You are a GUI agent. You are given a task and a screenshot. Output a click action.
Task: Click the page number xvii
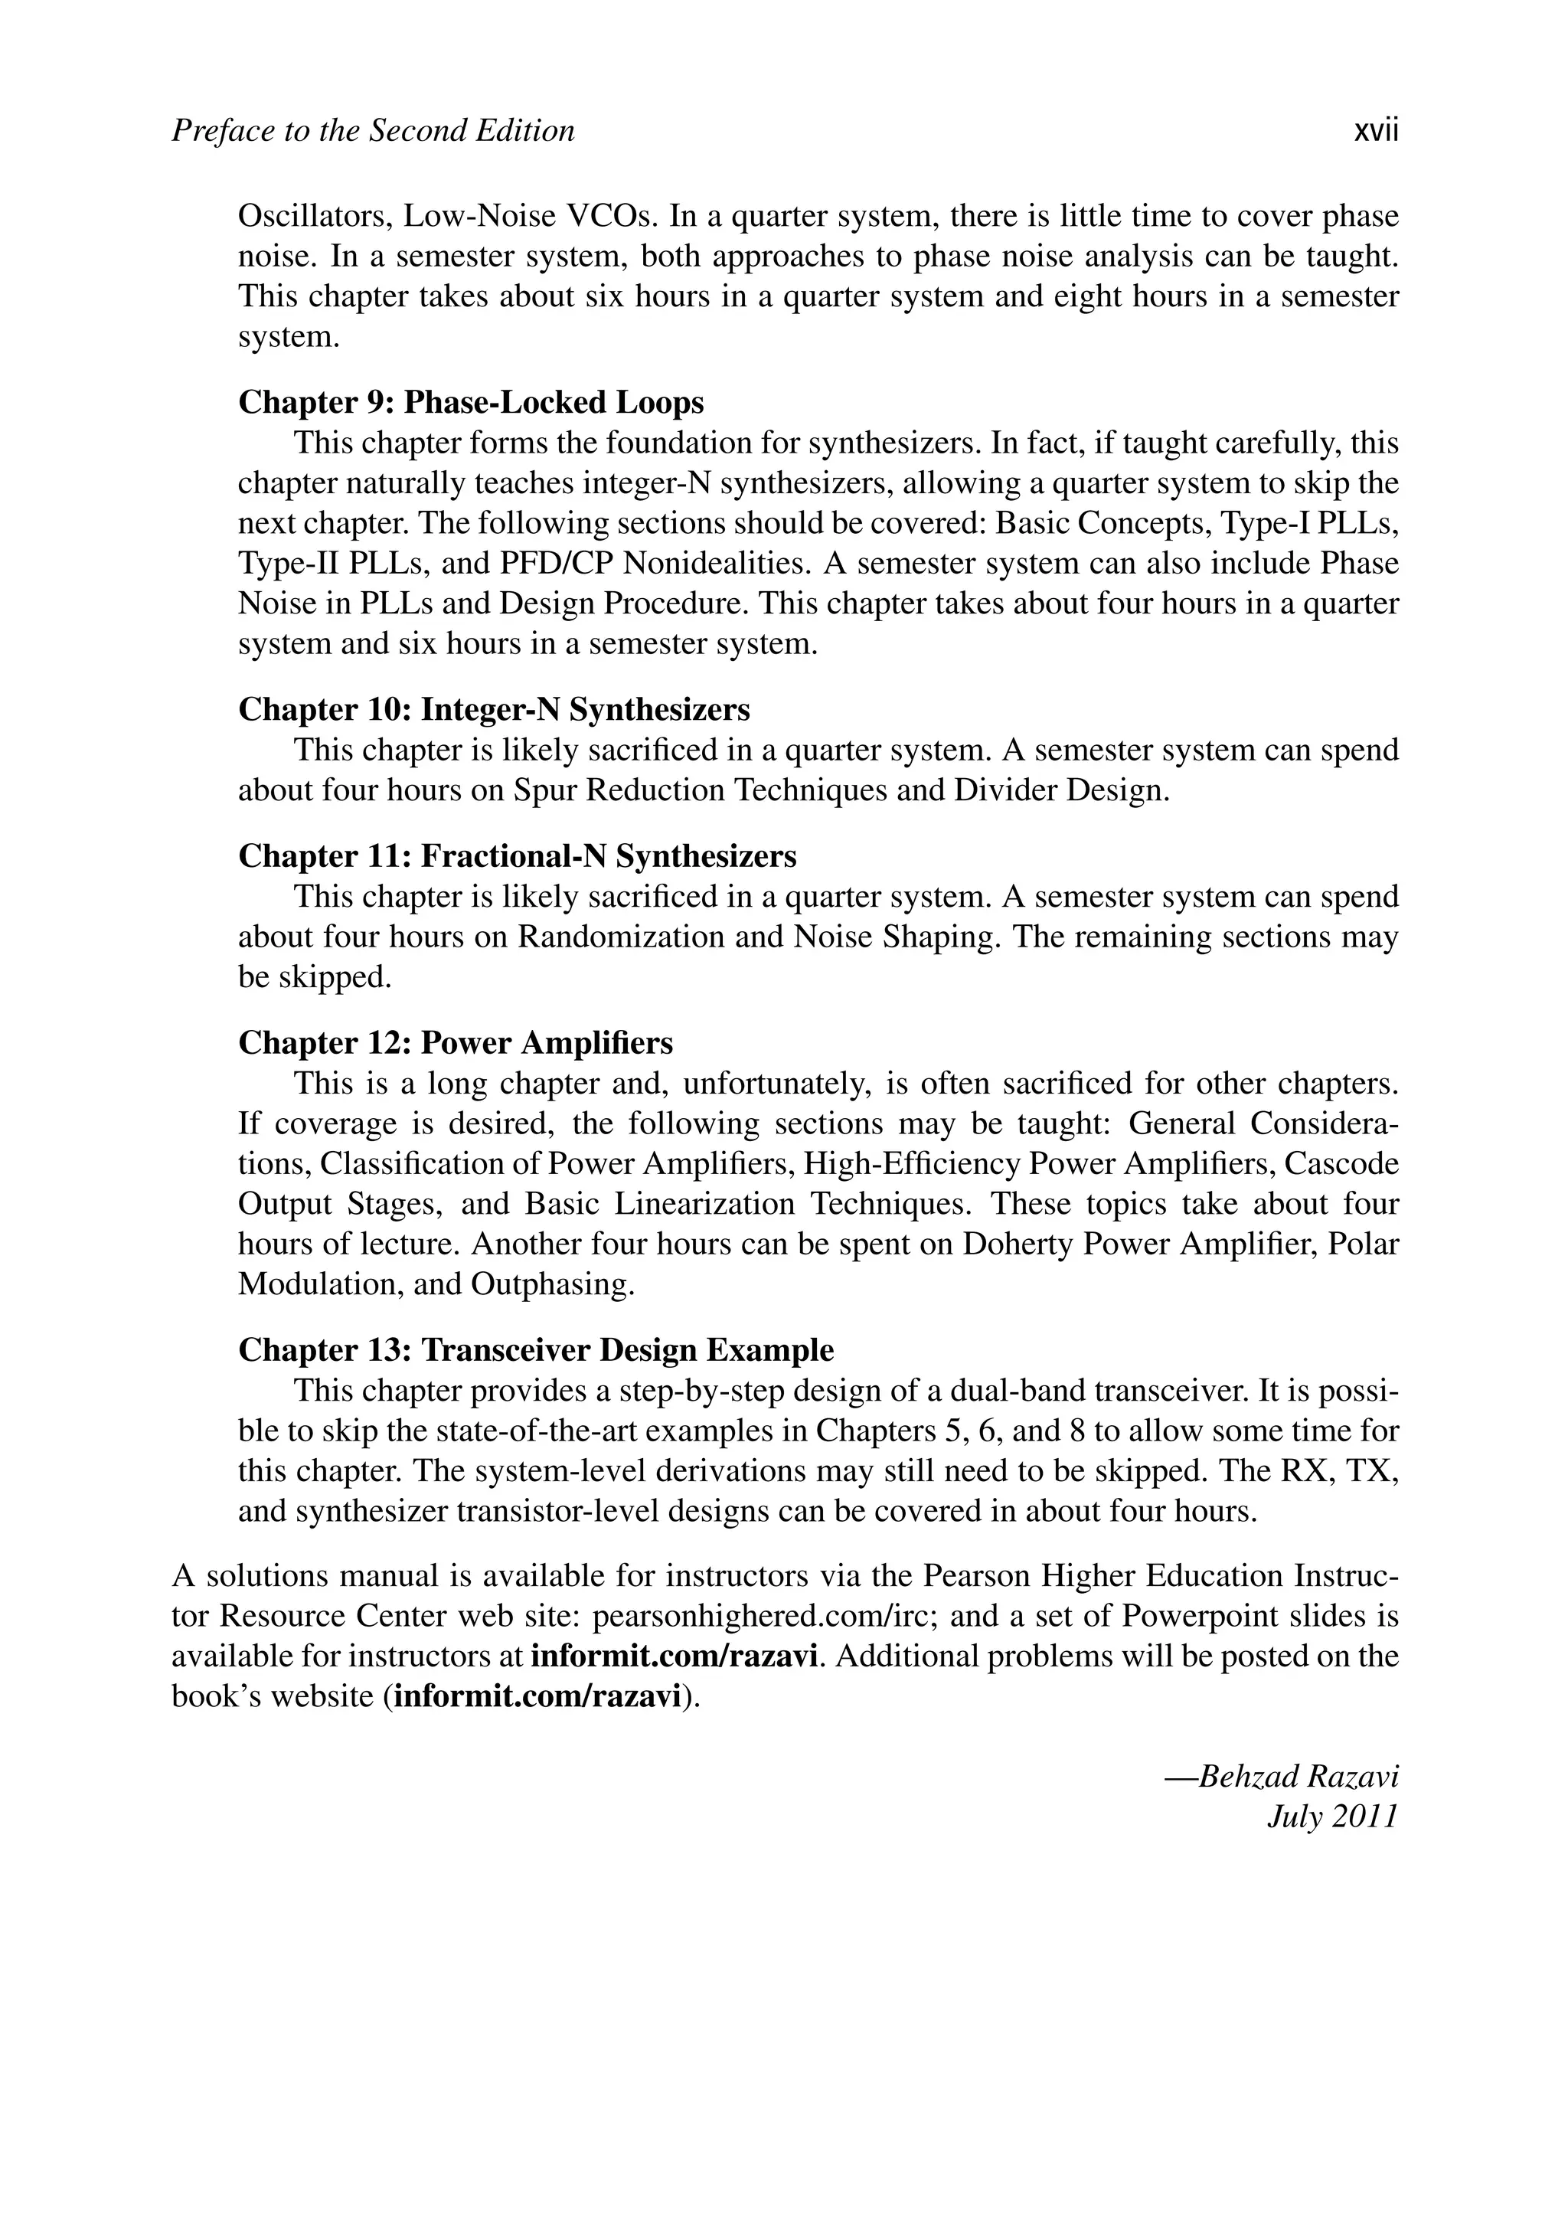coord(1375,131)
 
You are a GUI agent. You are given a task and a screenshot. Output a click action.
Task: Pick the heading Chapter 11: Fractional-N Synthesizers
coord(517,855)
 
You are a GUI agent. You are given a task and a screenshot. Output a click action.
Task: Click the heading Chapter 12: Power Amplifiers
coord(455,1043)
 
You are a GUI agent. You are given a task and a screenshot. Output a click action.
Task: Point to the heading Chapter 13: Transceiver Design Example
coord(535,1350)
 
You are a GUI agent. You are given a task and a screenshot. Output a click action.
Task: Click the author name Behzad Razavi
coord(1298,1776)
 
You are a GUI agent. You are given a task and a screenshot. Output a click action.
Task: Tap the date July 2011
coord(1332,1816)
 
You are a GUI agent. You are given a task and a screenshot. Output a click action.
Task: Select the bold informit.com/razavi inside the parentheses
coord(539,1696)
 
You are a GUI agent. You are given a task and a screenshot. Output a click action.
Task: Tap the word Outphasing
coord(552,1284)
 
